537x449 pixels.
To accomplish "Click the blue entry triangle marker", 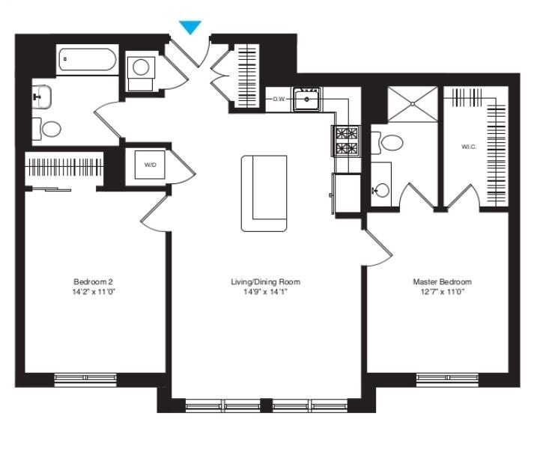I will click(191, 28).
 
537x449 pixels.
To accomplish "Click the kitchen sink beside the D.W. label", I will click(307, 98).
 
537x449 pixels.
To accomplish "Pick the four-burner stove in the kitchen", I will click(345, 140).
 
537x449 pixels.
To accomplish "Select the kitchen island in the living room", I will click(264, 193).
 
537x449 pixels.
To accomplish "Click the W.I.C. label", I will click(469, 147).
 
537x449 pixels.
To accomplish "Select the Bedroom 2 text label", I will click(93, 282).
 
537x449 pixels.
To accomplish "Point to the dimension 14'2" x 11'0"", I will click(93, 292).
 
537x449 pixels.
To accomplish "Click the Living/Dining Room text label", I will click(265, 282).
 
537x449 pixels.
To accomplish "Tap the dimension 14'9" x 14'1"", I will click(265, 292).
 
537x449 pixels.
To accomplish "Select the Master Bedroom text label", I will click(442, 282).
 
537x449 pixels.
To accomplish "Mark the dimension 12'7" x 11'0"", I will click(442, 292).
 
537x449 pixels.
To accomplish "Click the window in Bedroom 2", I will click(85, 379).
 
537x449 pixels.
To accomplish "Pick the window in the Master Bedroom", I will click(446, 379).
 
